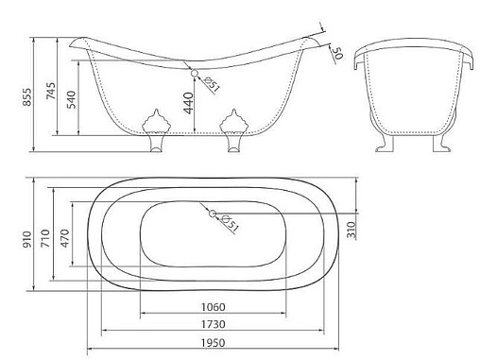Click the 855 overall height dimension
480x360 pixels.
(27, 97)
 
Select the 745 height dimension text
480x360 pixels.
(51, 91)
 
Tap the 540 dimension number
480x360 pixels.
(72, 99)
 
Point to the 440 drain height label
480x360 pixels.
(188, 103)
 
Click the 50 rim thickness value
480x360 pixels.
(337, 53)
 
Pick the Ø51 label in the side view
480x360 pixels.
(212, 84)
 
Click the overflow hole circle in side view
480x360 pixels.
(195, 73)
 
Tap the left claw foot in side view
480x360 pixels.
(157, 131)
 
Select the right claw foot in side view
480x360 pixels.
(233, 131)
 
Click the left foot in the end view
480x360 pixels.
(385, 144)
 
